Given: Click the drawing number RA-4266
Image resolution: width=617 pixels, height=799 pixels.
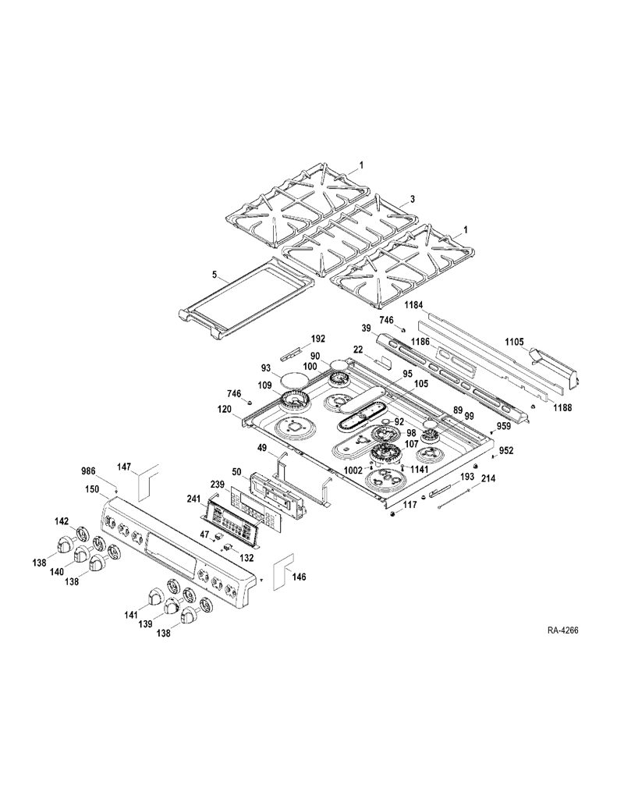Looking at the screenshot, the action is coord(563,630).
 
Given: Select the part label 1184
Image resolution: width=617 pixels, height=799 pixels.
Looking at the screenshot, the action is coord(413,305).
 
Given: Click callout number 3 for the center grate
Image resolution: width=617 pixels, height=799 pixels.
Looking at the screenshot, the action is coord(412,200).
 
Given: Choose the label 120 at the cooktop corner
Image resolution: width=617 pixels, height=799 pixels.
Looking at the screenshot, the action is coord(225,409).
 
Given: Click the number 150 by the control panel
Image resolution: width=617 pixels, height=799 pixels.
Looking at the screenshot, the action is coord(92,489).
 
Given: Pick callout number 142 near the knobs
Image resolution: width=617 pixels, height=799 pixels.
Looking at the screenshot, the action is coord(62,520).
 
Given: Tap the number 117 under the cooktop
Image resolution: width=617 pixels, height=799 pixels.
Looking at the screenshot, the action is coord(410,505).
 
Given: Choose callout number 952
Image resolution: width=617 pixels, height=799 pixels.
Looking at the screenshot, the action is coord(506,450).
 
